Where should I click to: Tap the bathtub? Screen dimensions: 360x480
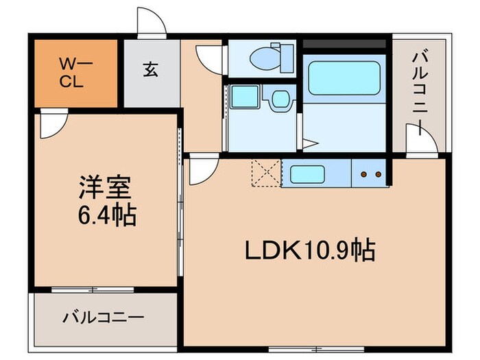pos(344,79)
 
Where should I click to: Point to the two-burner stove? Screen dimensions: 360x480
pos(370,174)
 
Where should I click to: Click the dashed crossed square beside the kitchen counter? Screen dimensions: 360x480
pos(264,172)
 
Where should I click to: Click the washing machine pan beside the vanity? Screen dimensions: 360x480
pos(243,98)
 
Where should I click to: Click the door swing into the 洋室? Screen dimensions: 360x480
pos(51,127)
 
